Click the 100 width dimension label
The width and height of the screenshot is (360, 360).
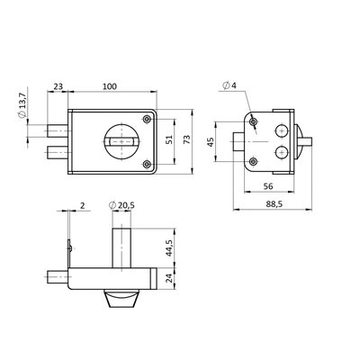tap(110, 86)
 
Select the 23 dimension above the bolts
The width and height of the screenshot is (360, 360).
tap(58, 86)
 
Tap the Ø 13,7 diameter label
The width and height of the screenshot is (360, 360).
tap(22, 105)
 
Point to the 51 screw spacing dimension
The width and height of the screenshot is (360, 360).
tap(169, 139)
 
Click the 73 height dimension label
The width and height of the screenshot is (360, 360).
tap(186, 139)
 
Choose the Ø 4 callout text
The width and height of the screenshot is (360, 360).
tap(229, 85)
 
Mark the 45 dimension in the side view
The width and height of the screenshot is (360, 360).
tap(211, 142)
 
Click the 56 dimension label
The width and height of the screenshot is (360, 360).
tap(268, 186)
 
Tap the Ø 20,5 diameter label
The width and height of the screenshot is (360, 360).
tap(121, 205)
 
